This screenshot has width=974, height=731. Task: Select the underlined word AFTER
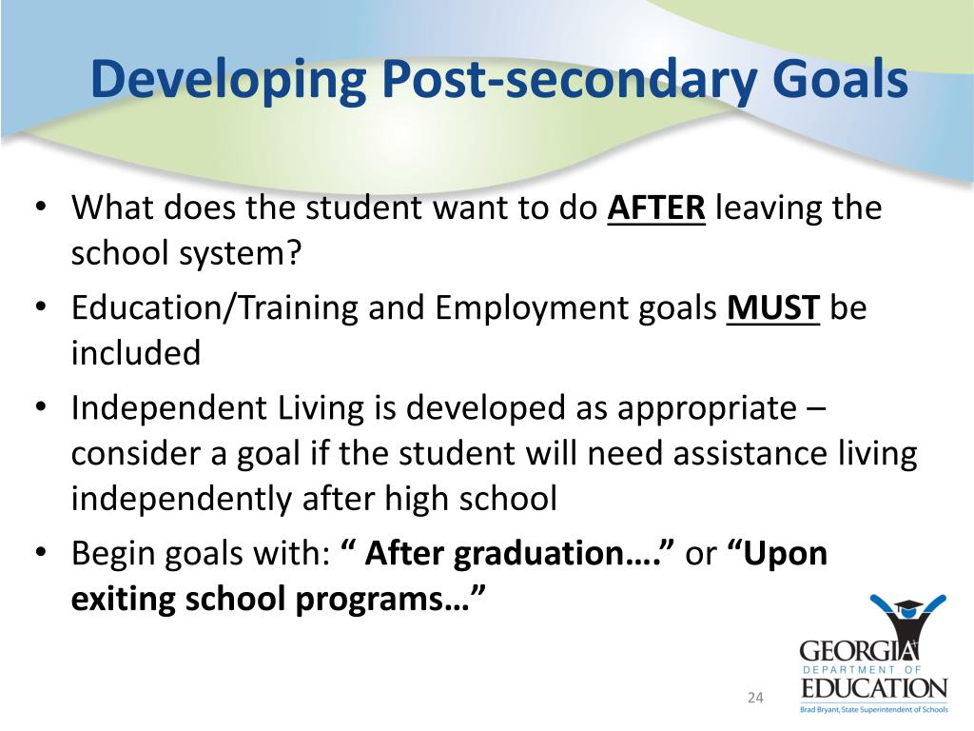tap(656, 208)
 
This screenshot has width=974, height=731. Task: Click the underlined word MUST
tap(773, 308)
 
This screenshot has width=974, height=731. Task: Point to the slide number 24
tap(755, 699)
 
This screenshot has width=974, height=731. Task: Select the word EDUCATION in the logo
tap(874, 687)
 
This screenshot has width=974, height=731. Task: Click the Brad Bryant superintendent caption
tap(874, 709)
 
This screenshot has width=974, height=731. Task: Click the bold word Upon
tap(785, 555)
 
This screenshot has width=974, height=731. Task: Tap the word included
tap(136, 353)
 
